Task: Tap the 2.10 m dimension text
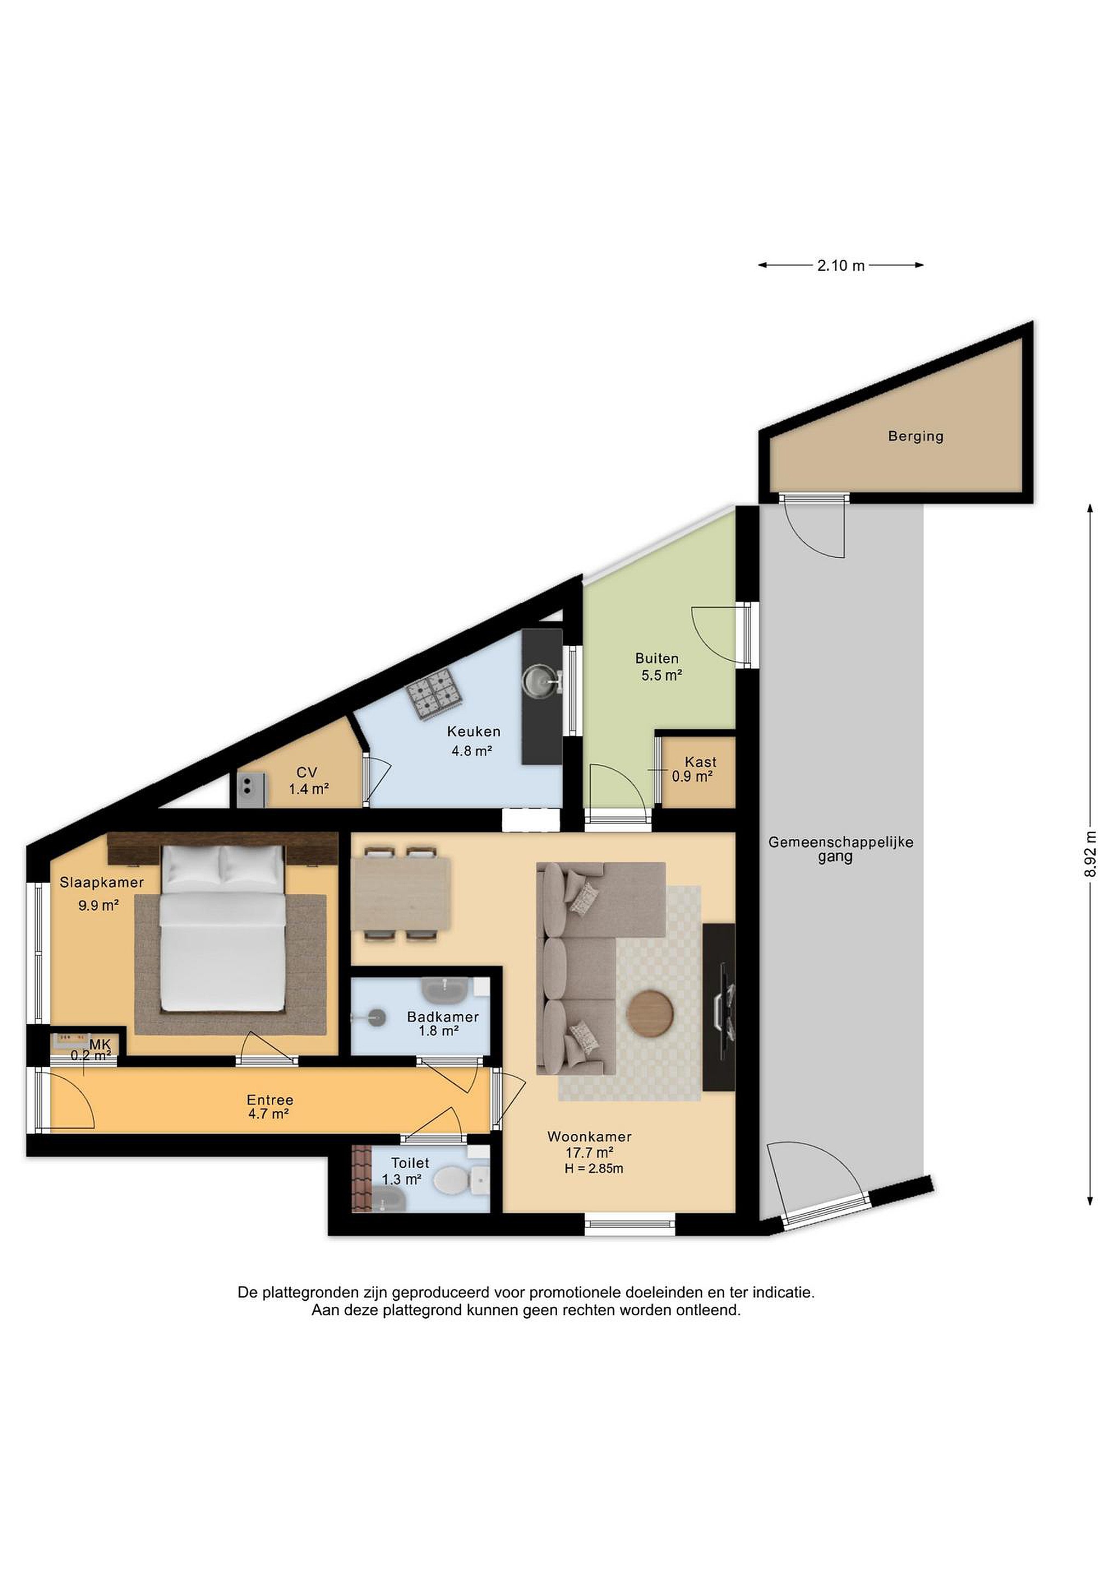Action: pyautogui.click(x=840, y=265)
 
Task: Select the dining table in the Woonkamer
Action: pyautogui.click(x=400, y=894)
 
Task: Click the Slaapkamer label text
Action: pyautogui.click(x=102, y=883)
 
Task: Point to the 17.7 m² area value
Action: pyautogui.click(x=589, y=1153)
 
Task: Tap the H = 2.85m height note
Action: pyautogui.click(x=594, y=1168)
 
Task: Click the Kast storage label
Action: pyautogui.click(x=700, y=762)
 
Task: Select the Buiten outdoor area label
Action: pyautogui.click(x=657, y=659)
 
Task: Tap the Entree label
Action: pyautogui.click(x=270, y=1100)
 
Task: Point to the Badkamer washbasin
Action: pyautogui.click(x=445, y=991)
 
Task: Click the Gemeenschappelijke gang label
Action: pyautogui.click(x=840, y=849)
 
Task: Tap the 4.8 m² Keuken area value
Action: pyautogui.click(x=471, y=751)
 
